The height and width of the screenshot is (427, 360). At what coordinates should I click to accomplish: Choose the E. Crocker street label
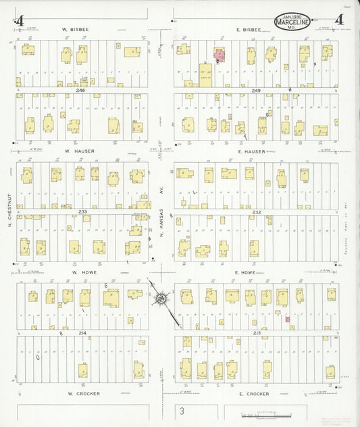[x=254, y=393]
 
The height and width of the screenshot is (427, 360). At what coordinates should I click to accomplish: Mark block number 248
[x=81, y=90]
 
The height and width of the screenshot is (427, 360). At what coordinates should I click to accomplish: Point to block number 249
[x=253, y=90]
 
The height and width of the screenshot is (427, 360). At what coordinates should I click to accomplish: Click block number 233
[x=83, y=211]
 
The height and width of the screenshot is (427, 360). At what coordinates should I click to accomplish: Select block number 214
[x=82, y=333]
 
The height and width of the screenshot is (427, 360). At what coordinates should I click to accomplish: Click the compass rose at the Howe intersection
[x=161, y=298]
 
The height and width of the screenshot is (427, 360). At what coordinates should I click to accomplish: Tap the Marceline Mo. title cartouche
[x=292, y=22]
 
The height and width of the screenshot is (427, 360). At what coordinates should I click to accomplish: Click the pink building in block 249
[x=220, y=54]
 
